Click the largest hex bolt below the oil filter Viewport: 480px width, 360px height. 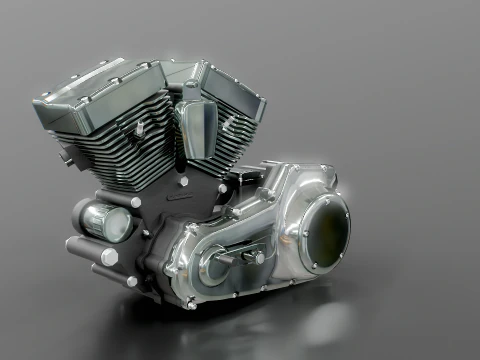coord(109,256)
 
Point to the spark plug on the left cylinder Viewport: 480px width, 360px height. coord(139,129)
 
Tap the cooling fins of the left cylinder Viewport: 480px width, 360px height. coord(110,150)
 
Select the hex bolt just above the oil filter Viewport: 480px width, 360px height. coord(135,202)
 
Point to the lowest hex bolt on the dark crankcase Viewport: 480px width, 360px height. coord(133,281)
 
